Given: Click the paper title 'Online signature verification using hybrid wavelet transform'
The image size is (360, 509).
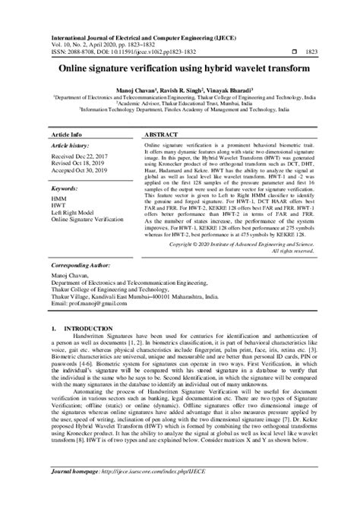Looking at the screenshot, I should (179, 67).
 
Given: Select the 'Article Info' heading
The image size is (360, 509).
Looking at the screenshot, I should (66, 134).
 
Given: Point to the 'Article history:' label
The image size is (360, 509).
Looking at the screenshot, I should (69, 144).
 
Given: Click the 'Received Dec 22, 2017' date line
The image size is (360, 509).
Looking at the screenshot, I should (81, 156).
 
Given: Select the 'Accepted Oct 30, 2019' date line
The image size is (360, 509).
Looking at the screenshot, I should (81, 170).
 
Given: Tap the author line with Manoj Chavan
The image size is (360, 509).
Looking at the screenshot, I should (180, 90).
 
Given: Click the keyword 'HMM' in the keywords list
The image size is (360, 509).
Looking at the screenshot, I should (58, 198).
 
